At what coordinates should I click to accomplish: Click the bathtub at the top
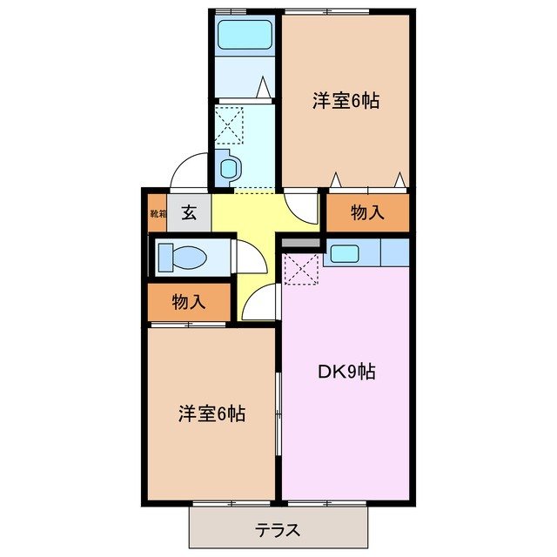pyautogui.click(x=245, y=36)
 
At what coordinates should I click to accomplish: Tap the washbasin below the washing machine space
pyautogui.click(x=228, y=164)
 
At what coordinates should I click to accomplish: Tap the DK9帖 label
pyautogui.click(x=345, y=372)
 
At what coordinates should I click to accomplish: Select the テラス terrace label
pyautogui.click(x=278, y=529)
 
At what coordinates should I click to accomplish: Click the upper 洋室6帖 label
pyautogui.click(x=346, y=100)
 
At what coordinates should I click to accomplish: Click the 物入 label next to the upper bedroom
pyautogui.click(x=367, y=213)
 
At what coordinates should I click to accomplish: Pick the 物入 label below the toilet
pyautogui.click(x=189, y=303)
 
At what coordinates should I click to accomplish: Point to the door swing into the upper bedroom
pyautogui.click(x=301, y=205)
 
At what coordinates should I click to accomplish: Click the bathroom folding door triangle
pyautogui.click(x=265, y=88)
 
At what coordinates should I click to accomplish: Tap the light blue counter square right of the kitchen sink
pyautogui.click(x=394, y=252)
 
